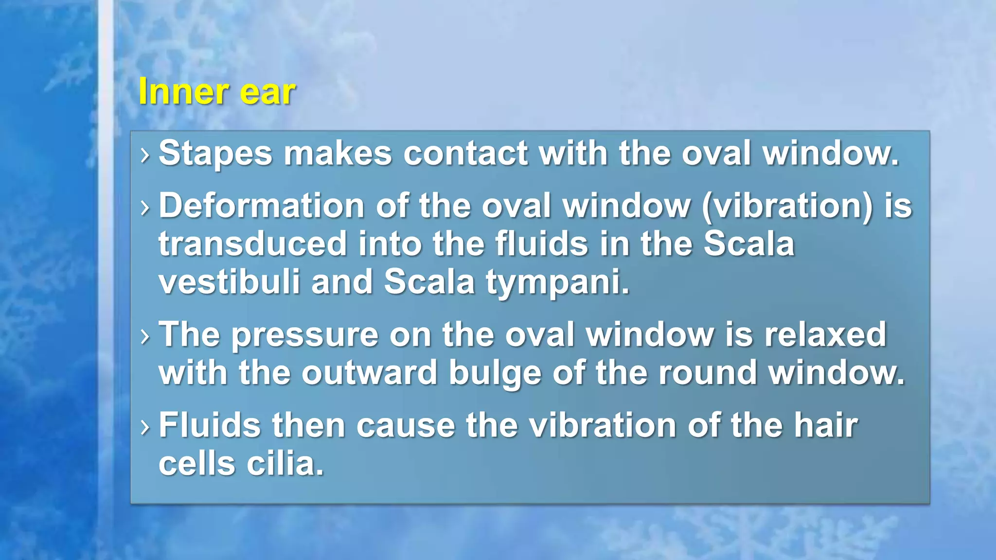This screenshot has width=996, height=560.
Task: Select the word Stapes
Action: click(215, 154)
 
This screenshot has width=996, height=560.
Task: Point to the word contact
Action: click(465, 154)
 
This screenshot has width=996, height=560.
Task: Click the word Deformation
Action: click(261, 206)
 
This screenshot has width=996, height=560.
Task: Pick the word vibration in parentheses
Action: click(788, 206)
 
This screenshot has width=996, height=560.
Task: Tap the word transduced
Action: click(252, 244)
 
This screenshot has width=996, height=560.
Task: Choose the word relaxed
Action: click(825, 335)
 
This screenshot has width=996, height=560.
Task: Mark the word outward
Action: click(369, 373)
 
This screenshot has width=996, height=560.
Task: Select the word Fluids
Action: click(209, 425)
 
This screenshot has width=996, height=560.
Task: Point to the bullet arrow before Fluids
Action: click(144, 427)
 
